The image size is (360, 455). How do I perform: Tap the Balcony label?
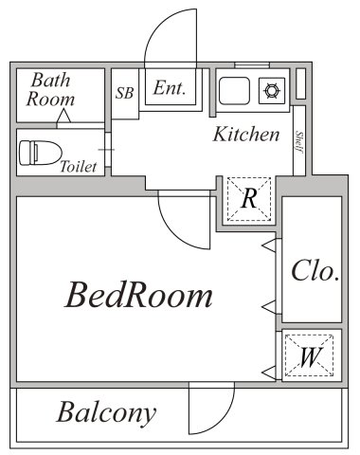[x=105, y=413]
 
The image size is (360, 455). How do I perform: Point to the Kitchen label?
[x=245, y=134]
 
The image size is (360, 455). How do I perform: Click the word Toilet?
[x=78, y=167]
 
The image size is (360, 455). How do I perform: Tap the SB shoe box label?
[x=124, y=93]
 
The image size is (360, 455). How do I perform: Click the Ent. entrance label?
[x=169, y=88]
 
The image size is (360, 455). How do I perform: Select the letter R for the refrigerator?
[x=249, y=199]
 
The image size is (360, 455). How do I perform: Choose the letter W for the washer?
[x=308, y=357]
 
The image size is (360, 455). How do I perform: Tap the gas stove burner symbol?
[x=271, y=92]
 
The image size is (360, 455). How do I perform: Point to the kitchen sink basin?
[x=234, y=92]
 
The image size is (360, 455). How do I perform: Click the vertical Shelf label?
[x=299, y=142]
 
